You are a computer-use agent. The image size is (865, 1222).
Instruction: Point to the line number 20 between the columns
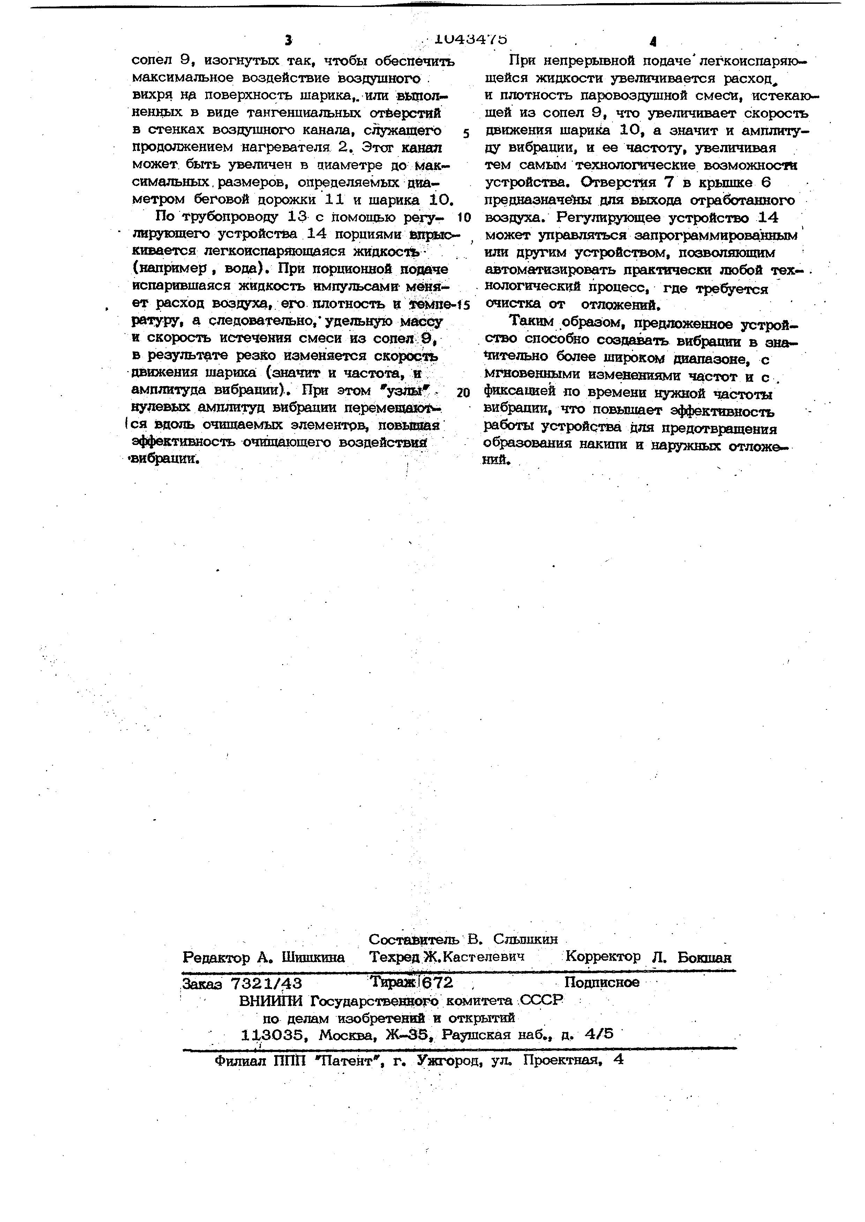464,393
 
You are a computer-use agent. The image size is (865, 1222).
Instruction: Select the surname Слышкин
525,939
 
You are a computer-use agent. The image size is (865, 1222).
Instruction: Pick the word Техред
395,957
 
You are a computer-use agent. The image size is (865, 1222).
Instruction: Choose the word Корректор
603,956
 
